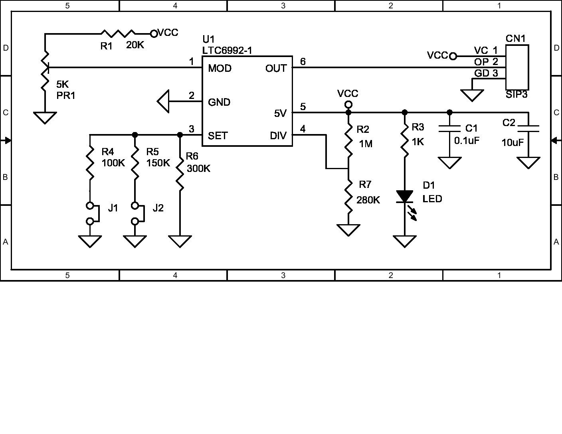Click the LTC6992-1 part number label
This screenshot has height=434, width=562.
pos(227,50)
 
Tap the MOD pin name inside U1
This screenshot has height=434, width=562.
pos(220,68)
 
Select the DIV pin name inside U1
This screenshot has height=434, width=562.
pos(278,136)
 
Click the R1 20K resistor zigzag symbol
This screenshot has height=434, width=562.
pos(118,33)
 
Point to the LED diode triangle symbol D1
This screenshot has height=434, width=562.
pos(405,196)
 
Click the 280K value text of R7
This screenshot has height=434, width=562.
pos(368,200)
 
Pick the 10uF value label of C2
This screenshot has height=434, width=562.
pos(513,142)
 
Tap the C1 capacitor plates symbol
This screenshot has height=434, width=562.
pos(449,128)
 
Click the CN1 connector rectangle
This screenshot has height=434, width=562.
pos(517,67)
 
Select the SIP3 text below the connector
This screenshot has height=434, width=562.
pos(516,95)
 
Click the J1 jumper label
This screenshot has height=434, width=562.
pos(113,208)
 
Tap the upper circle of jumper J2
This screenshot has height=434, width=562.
pos(135,206)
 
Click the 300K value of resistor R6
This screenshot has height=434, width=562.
pos(198,168)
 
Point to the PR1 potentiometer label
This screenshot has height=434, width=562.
pos(66,95)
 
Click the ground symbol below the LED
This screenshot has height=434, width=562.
pos(405,241)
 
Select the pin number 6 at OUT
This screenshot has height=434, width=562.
pos(303,61)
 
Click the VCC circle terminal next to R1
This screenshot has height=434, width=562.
pos(154,33)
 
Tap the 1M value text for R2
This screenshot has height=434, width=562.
pos(366,144)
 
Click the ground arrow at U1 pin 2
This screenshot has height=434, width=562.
pos(164,101)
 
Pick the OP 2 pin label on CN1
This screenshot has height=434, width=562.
pos(486,62)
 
